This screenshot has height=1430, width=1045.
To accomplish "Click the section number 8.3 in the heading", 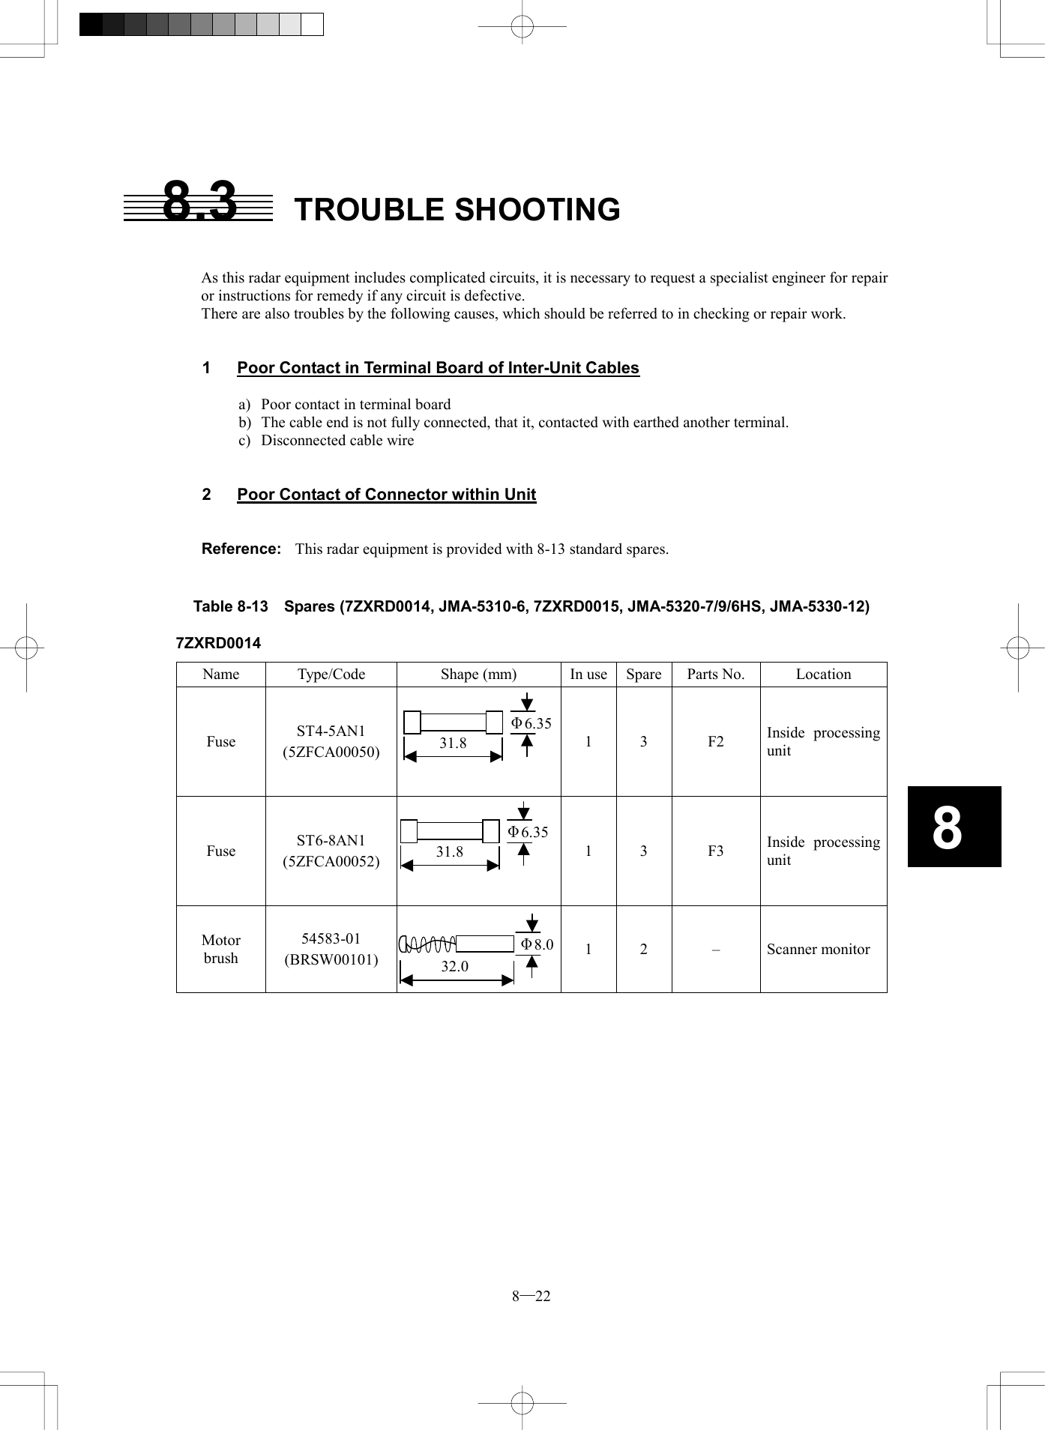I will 199,202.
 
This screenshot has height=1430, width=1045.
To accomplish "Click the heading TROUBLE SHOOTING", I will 457,210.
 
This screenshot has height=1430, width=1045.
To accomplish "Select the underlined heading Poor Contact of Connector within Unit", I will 386,495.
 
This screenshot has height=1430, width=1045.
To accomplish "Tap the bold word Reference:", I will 241,549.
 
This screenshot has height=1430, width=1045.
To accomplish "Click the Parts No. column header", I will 715,675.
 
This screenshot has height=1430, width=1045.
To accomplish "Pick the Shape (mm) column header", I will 478,675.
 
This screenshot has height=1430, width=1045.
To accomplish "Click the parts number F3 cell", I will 715,851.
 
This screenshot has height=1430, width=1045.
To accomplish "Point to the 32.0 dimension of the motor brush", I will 454,967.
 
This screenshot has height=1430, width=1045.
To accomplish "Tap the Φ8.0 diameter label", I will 537,944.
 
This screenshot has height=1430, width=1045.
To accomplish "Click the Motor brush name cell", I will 220,949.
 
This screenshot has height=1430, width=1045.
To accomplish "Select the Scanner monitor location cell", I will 818,950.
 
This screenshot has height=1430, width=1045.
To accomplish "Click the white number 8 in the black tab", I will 947,828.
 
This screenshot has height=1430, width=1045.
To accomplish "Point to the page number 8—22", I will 531,1297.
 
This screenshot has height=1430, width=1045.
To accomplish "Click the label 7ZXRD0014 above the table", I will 218,643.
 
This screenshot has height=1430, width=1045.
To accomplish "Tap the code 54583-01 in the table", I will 331,939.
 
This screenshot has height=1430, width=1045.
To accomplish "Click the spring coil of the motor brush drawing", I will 428,944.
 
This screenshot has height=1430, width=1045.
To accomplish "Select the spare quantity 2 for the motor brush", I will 643,950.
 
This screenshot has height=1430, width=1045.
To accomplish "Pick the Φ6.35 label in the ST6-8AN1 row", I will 528,833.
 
